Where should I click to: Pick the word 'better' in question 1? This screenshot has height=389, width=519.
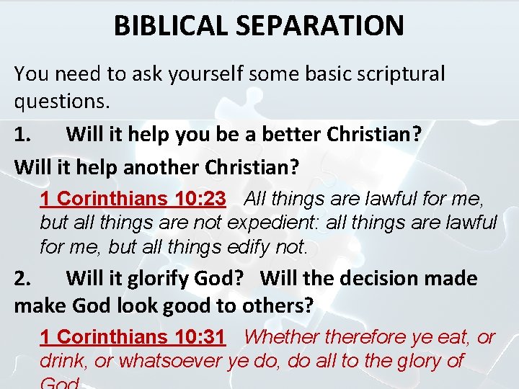287,135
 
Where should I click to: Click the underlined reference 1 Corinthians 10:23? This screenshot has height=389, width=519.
133,197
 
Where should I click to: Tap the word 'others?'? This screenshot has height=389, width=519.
278,305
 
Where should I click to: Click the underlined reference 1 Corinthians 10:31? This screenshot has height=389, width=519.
133,336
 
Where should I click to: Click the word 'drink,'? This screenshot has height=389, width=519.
64,361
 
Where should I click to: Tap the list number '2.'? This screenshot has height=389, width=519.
24,278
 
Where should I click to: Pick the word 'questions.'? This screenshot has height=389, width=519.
62,102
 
